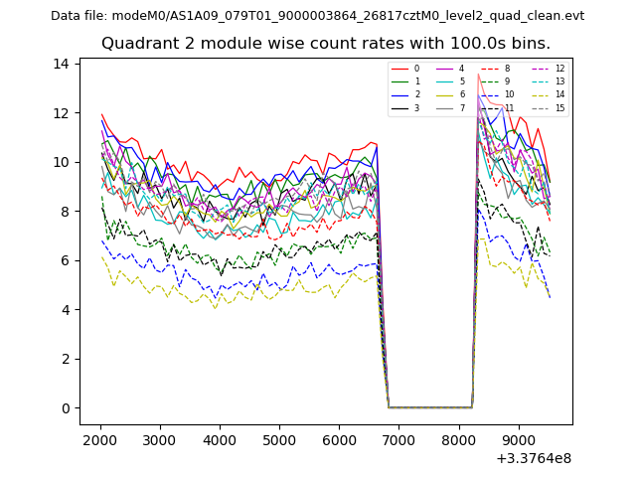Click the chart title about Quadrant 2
click(x=325, y=44)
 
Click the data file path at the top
click(x=317, y=16)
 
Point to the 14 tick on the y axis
click(x=61, y=64)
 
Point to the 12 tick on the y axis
click(x=61, y=113)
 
